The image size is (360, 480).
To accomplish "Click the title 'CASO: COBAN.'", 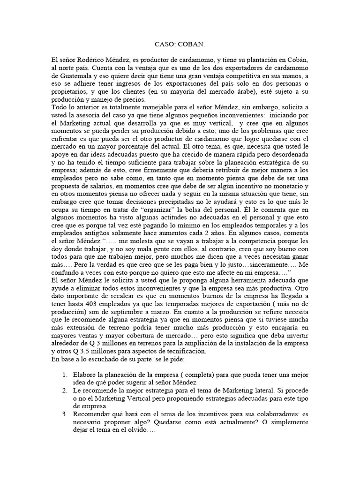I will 180,45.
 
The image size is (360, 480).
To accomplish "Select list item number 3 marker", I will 65,413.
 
